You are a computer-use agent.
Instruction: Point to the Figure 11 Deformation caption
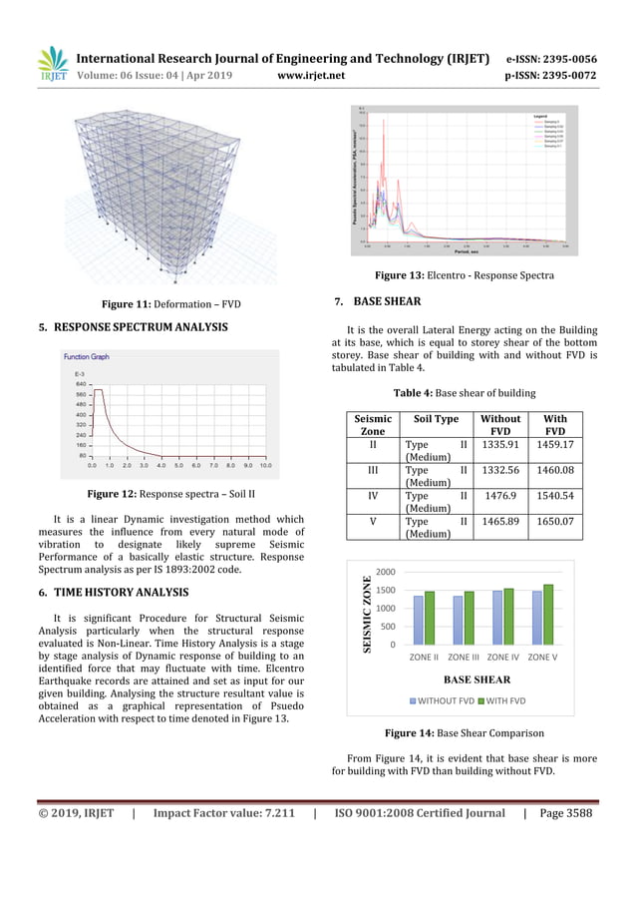171,303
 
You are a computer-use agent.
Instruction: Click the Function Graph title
87,356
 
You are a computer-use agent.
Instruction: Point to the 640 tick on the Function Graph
81,383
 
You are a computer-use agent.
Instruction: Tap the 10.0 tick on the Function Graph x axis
265,465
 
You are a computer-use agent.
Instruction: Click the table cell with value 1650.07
559,521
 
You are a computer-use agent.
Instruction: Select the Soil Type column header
436,420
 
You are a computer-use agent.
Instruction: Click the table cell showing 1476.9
498,495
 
